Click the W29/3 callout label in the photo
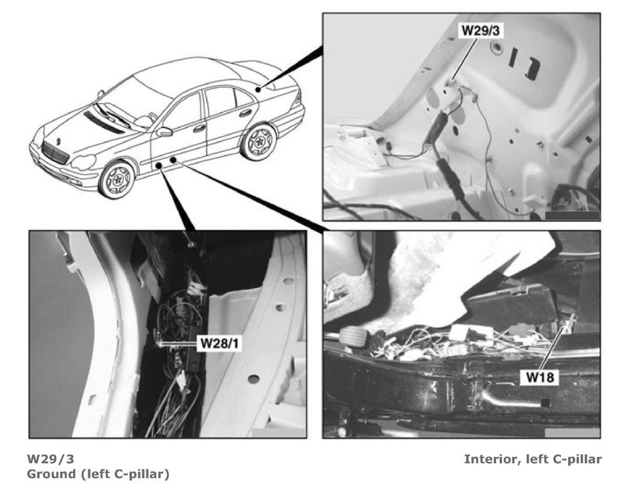(480, 30)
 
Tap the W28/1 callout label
(220, 343)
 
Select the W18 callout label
(540, 377)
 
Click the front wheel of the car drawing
(117, 179)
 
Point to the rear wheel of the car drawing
(258, 141)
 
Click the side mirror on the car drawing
(164, 132)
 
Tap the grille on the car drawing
(55, 153)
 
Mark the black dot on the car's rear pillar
(258, 90)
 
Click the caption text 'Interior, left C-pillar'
(533, 459)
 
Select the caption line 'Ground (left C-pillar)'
(98, 474)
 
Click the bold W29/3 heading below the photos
(50, 459)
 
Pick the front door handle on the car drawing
(199, 128)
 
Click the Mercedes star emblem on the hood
(58, 141)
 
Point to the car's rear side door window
(222, 102)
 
